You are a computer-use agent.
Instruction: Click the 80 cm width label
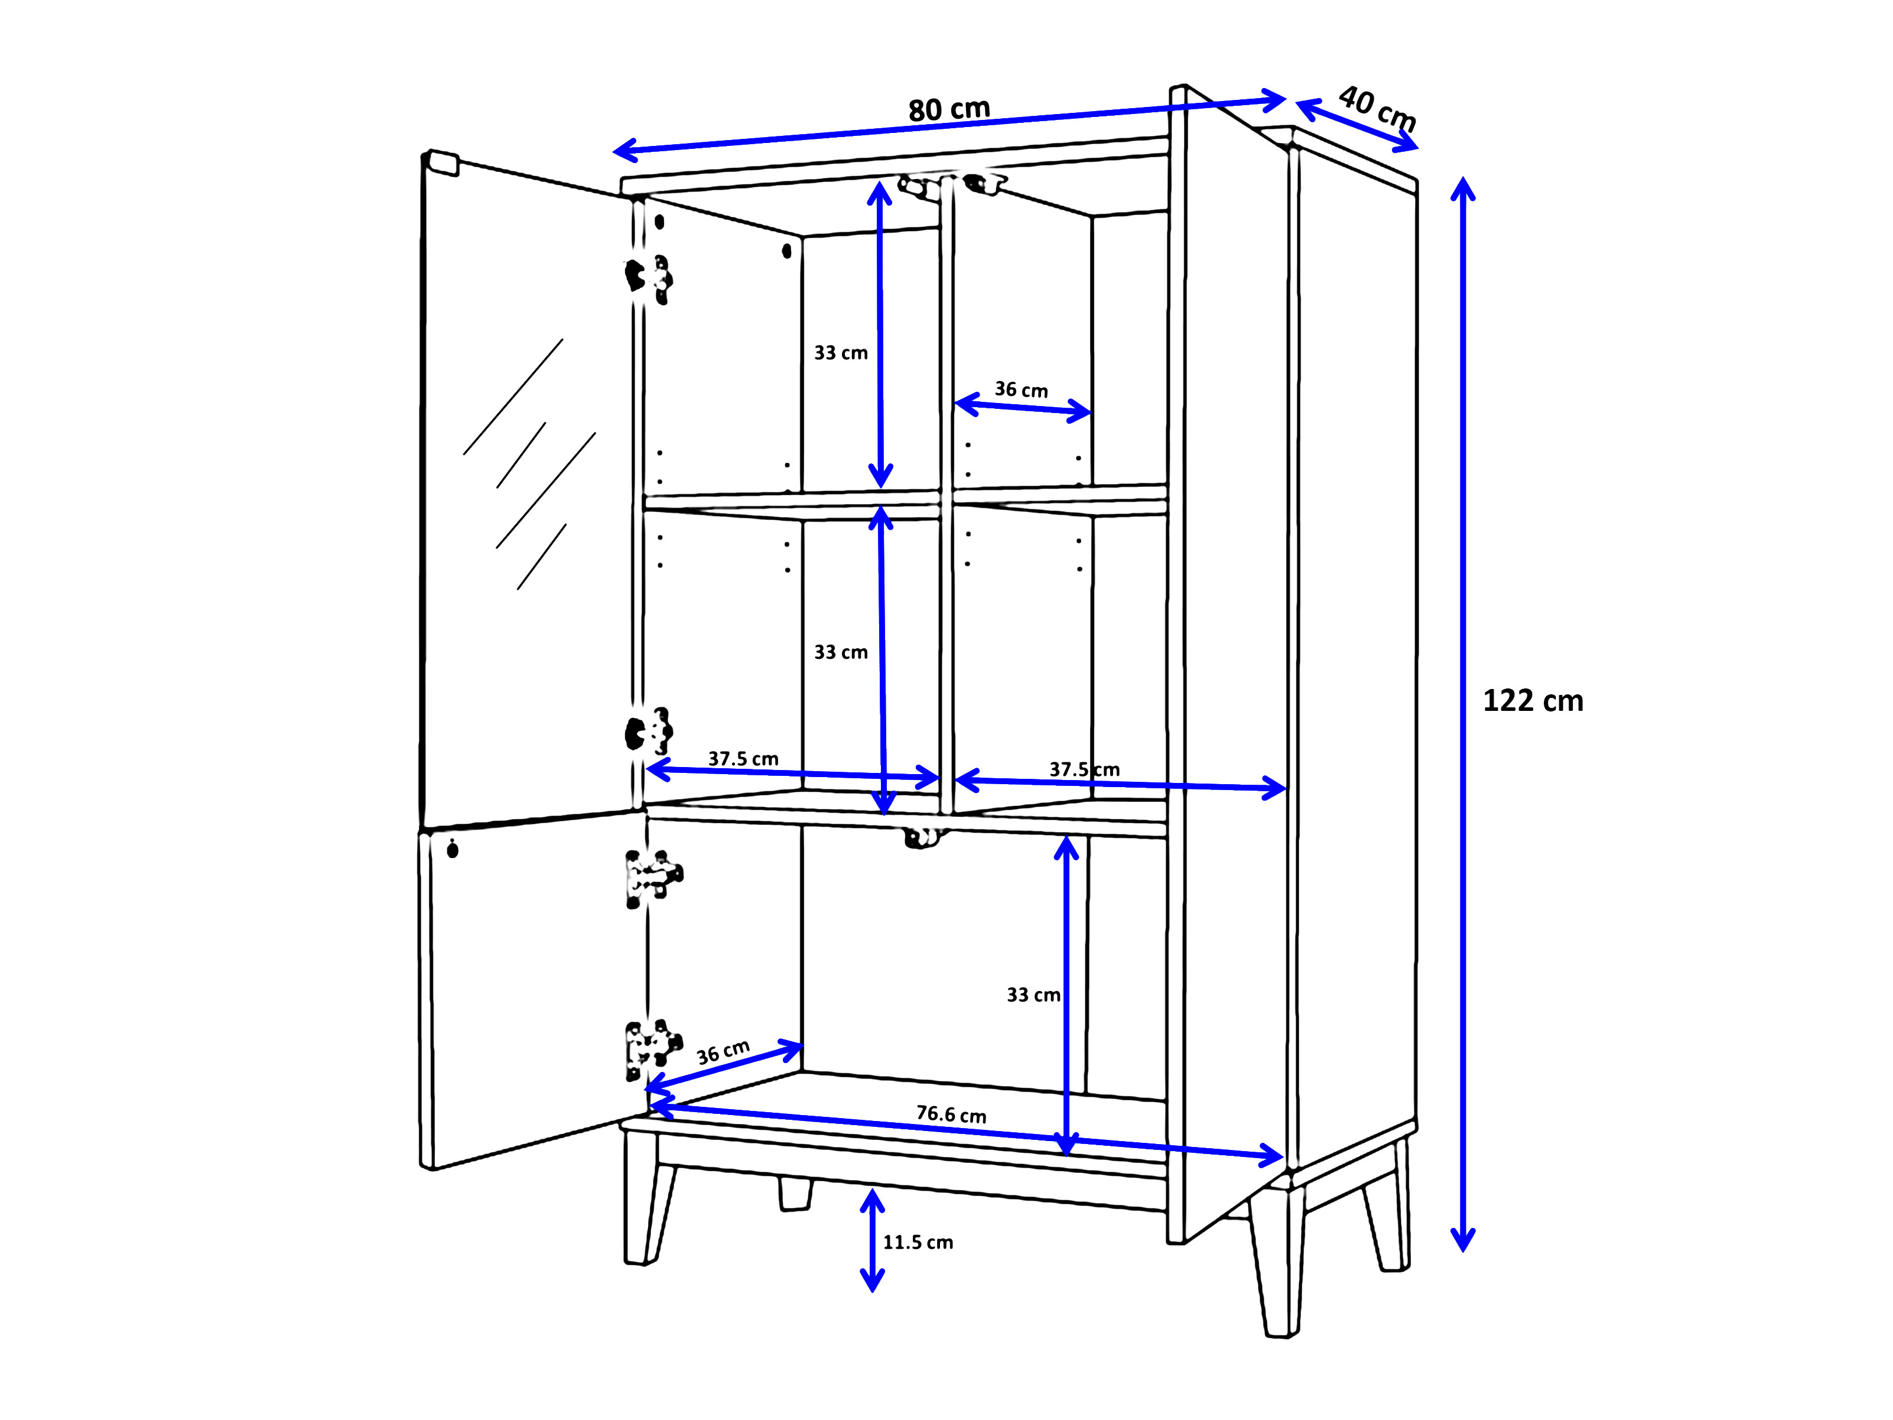click(x=948, y=109)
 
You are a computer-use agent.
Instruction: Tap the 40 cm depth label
click(x=1376, y=108)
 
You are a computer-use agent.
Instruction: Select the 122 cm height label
click(x=1532, y=701)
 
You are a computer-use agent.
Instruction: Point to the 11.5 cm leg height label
click(x=918, y=1242)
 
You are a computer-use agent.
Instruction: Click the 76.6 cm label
click(x=951, y=1114)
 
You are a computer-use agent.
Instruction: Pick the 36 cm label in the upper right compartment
click(x=1021, y=390)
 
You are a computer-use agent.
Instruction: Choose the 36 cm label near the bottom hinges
click(x=723, y=1052)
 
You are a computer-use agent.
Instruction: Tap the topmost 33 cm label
click(x=840, y=353)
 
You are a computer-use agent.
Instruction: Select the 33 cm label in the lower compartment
click(x=1033, y=995)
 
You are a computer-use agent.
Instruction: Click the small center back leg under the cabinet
click(x=795, y=1195)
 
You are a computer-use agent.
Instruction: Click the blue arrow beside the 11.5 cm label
click(x=872, y=1240)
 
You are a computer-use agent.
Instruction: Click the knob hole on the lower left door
click(x=453, y=849)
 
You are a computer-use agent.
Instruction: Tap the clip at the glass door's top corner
click(x=443, y=162)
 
